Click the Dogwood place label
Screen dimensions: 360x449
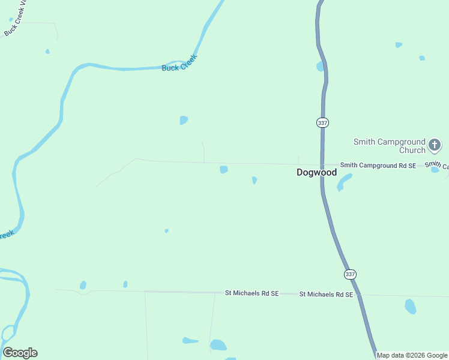316,172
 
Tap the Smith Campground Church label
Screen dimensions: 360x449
389,146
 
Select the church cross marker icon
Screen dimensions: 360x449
435,145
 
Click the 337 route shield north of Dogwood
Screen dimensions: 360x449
322,122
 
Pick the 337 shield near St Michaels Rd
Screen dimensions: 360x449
350,274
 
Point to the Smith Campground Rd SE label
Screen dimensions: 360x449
378,165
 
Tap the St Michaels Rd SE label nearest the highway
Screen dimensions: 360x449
326,295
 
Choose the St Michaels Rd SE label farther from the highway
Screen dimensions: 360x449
252,293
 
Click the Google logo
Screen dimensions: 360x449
20,353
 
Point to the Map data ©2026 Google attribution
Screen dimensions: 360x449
412,356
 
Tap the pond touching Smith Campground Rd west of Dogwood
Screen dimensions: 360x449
224,170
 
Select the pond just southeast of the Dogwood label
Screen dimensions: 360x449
343,182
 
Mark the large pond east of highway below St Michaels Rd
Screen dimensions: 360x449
411,307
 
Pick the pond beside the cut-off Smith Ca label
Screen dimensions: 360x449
435,170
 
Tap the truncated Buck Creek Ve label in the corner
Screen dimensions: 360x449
15,19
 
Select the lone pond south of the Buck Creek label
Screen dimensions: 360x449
184,120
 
